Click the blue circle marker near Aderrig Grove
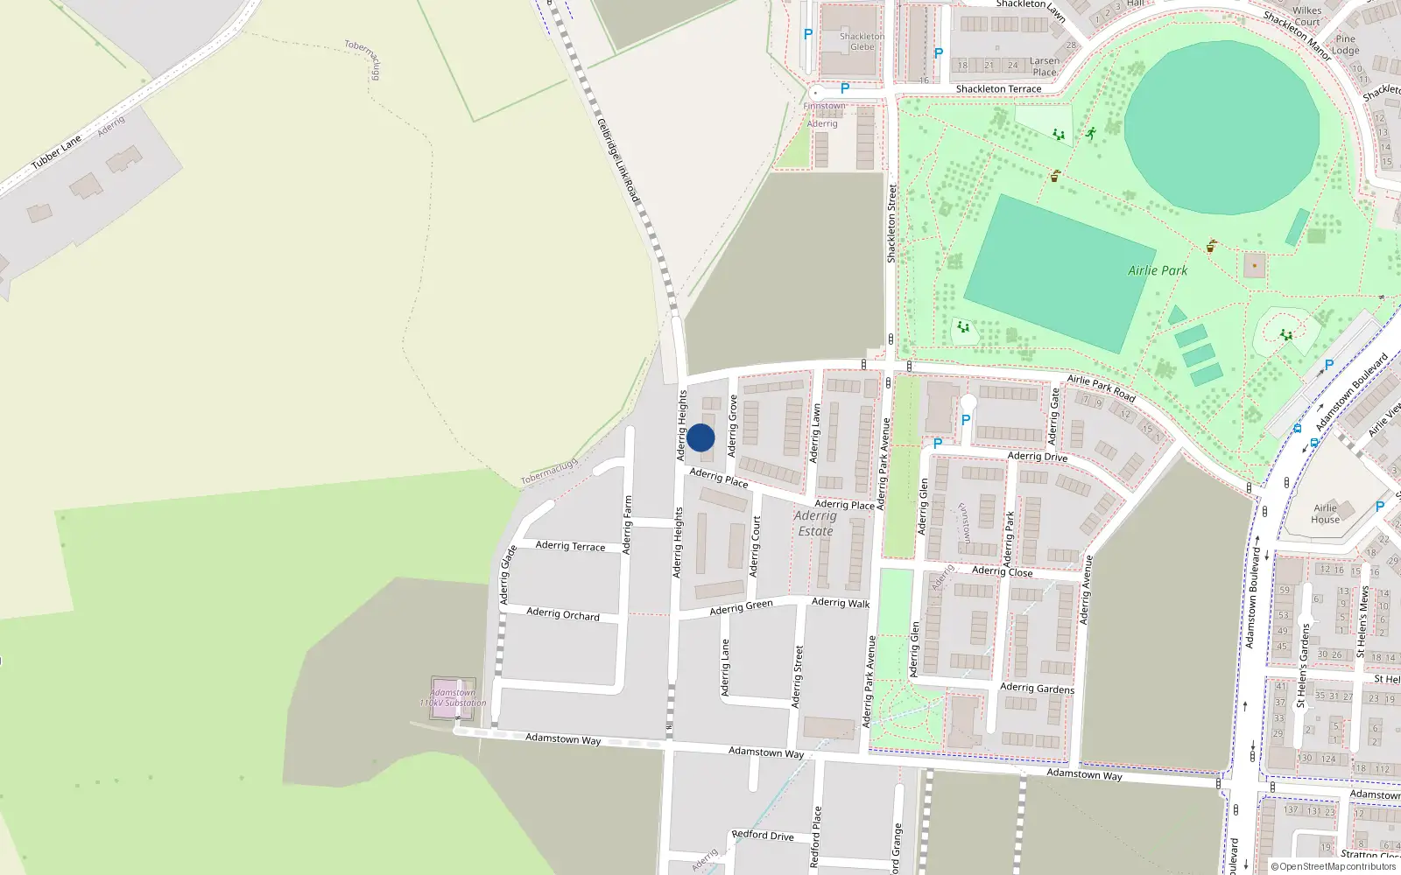[x=700, y=437]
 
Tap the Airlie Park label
[x=1158, y=270]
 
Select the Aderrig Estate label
[x=815, y=523]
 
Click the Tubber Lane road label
[x=56, y=152]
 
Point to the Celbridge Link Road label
[x=618, y=161]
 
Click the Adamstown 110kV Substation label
[x=453, y=697]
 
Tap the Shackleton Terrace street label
[x=998, y=89]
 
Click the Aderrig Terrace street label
[x=570, y=546]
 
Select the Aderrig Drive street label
[x=1037, y=457]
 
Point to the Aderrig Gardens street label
[x=1037, y=689]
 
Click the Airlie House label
[x=1325, y=514]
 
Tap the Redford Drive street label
[x=763, y=836]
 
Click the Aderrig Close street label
[x=1002, y=571]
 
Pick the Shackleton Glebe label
[x=862, y=42]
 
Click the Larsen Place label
[x=1045, y=66]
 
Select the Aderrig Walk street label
[x=841, y=603]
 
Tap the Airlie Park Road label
[x=1101, y=388]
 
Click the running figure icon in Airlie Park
[x=1090, y=134]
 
